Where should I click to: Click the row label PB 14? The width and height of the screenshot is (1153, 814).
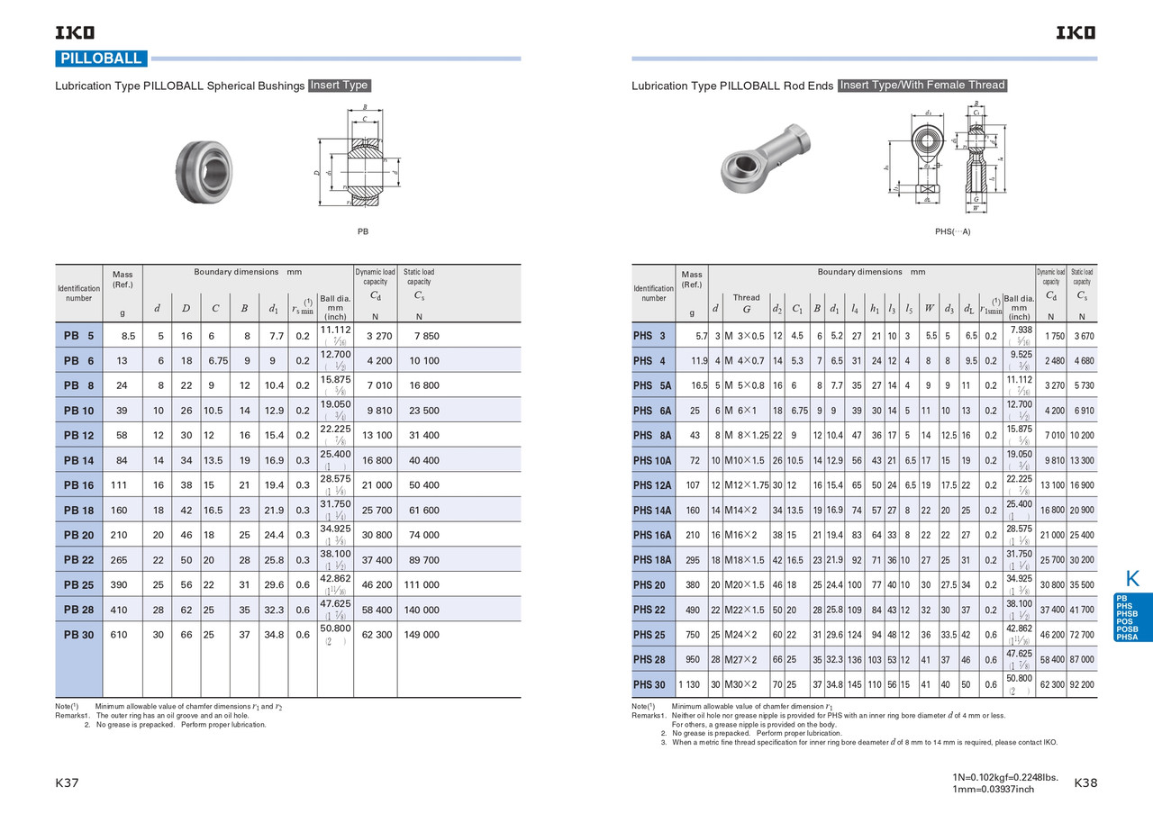[x=78, y=460]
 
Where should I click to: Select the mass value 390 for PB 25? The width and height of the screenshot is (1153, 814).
[x=119, y=584]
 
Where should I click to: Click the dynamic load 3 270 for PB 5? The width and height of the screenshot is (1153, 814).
[x=375, y=336]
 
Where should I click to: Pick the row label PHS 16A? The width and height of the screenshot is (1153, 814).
[x=652, y=535]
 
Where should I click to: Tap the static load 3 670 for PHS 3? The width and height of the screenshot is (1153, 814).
[x=1083, y=336]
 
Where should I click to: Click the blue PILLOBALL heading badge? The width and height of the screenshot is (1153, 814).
[x=101, y=59]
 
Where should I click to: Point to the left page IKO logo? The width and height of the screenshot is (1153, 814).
[x=75, y=33]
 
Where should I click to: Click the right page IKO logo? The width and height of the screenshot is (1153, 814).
[x=1076, y=33]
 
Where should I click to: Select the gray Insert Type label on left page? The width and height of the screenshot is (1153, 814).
[x=340, y=86]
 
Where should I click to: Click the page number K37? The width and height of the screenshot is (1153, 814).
[x=68, y=783]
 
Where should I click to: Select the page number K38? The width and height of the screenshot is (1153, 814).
[x=1086, y=783]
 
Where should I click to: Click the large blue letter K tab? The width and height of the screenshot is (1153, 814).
[x=1132, y=578]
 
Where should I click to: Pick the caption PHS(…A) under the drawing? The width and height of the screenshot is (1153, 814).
[x=952, y=231]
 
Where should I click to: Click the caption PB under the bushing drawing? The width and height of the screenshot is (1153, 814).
[x=362, y=231]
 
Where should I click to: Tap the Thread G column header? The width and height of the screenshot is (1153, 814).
[x=746, y=303]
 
